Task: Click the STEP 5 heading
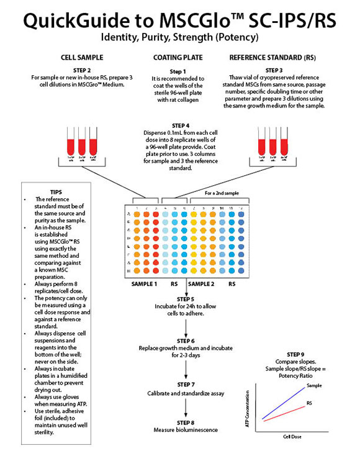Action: click(185, 299)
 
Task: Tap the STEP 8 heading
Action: click(185, 422)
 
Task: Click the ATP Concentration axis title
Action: click(248, 409)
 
